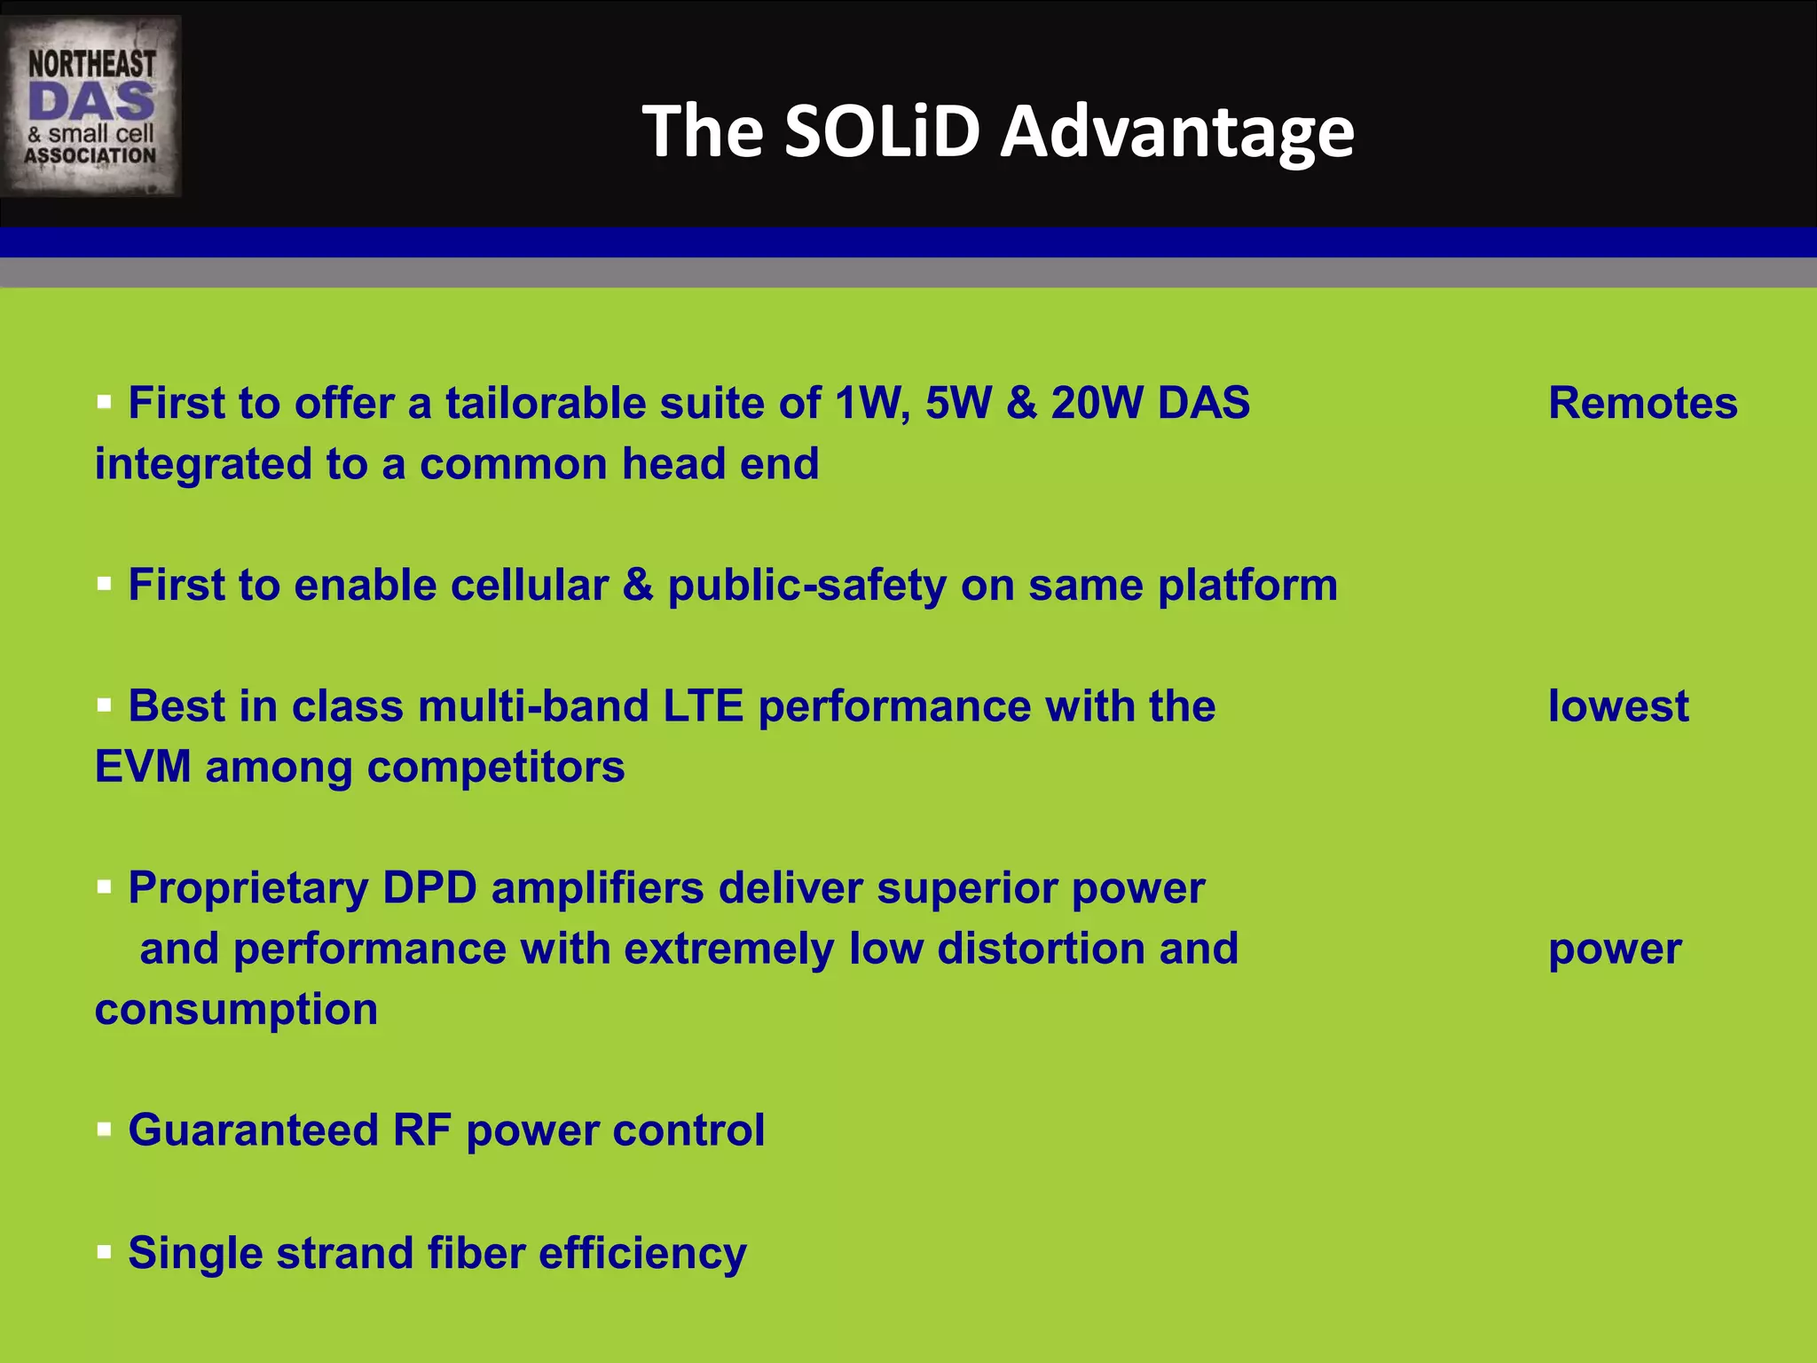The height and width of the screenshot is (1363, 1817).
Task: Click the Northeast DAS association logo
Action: point(91,106)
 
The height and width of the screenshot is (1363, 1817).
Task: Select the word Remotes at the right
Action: point(1642,404)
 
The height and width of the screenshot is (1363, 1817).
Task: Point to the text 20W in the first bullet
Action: point(1097,404)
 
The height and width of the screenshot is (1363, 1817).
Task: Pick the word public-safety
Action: point(806,586)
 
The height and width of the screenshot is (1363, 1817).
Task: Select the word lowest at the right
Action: point(1618,706)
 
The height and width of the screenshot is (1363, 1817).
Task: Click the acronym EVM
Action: point(143,767)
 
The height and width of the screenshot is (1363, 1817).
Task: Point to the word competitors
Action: point(496,767)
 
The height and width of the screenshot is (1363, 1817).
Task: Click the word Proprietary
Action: point(248,888)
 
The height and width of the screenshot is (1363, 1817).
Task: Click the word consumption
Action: point(236,1010)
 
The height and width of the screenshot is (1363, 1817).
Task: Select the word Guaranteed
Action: point(253,1131)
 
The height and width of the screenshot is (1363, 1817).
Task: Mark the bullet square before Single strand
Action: point(105,1252)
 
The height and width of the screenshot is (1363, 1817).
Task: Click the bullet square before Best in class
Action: point(105,705)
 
